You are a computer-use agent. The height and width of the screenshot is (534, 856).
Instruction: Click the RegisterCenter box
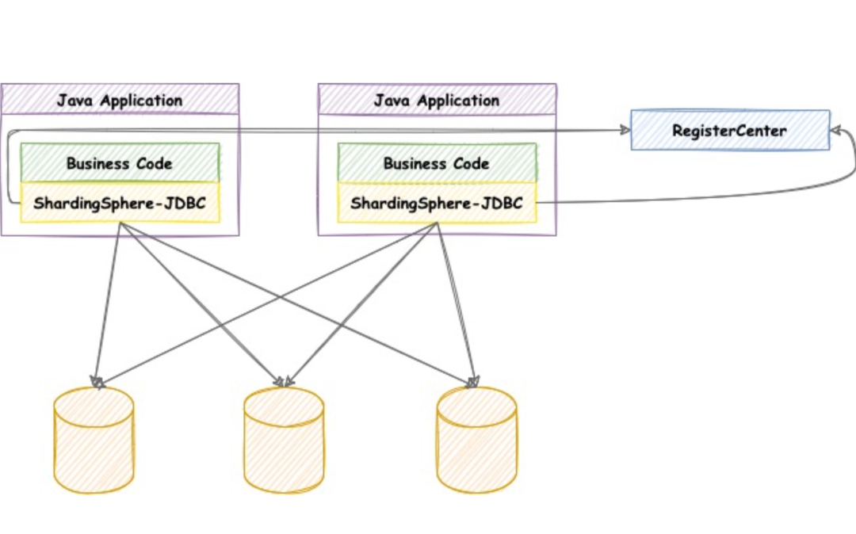730,130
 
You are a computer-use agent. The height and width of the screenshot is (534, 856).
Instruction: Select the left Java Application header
120,99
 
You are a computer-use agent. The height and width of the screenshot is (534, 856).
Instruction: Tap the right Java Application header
438,99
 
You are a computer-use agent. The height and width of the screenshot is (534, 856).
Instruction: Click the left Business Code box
120,162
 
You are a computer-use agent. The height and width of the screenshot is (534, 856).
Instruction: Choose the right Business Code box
438,162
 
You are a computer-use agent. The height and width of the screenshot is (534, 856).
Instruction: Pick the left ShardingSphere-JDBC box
120,203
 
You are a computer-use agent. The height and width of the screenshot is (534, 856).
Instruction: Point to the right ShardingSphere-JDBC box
438,203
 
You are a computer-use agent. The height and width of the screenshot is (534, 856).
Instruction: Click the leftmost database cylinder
94,441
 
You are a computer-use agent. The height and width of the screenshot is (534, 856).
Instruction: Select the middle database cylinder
284,441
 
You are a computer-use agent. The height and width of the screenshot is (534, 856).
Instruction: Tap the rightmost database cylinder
476,441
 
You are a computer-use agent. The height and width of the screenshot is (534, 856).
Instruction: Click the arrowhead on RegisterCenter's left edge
625,130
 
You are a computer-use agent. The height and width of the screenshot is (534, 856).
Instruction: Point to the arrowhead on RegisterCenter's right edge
836,130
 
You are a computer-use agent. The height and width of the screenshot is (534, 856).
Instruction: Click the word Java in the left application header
75,101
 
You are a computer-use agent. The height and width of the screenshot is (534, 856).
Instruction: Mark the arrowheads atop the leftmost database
97,383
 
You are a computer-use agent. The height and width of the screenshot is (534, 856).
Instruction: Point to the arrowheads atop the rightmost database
472,382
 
